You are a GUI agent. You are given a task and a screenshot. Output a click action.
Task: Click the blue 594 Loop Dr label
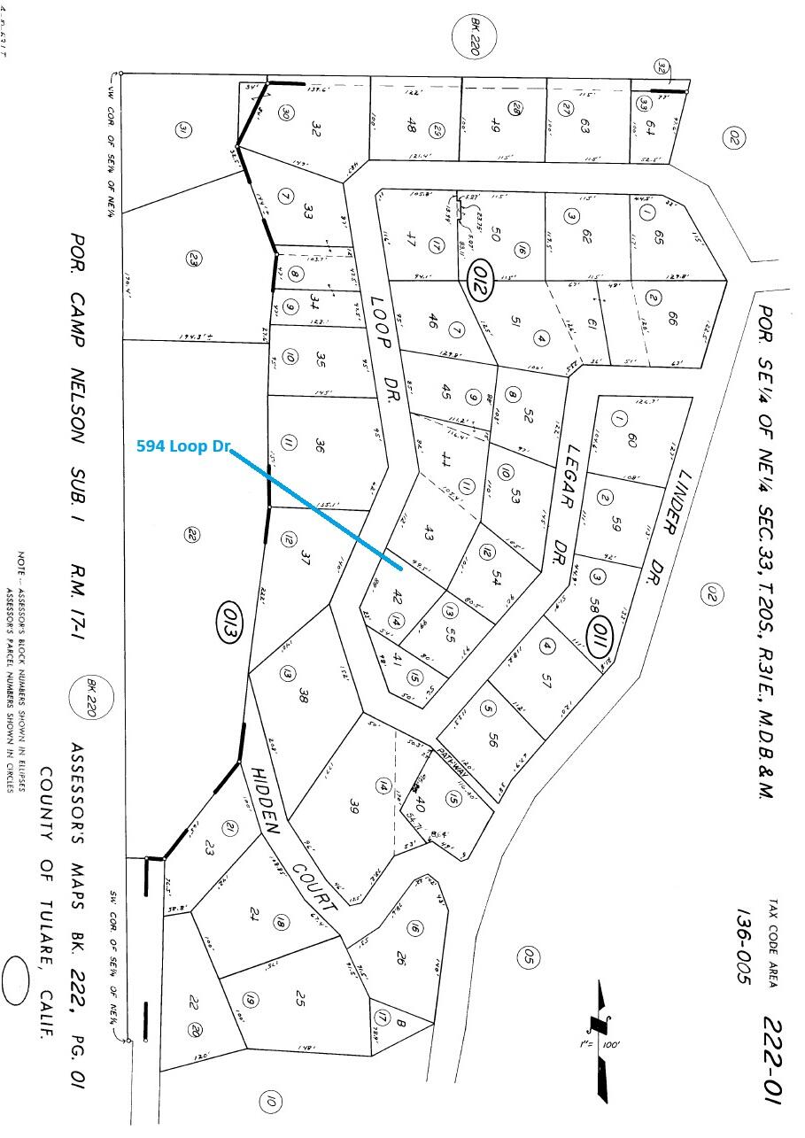[x=183, y=447]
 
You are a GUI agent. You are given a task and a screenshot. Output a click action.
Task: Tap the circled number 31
[x=182, y=130]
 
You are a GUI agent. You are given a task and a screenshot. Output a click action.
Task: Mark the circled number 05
[x=527, y=957]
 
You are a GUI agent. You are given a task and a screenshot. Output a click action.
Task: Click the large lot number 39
[x=353, y=806]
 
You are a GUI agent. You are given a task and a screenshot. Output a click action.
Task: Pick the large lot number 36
[x=318, y=445]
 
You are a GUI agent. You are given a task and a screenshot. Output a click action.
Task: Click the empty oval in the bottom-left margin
[x=16, y=980]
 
